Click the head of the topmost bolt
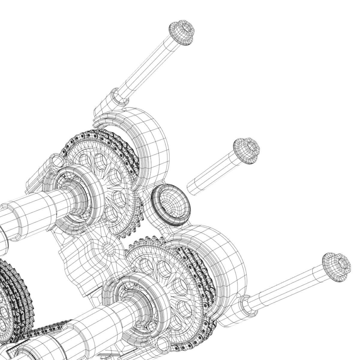[182, 33]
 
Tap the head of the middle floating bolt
[246, 151]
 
